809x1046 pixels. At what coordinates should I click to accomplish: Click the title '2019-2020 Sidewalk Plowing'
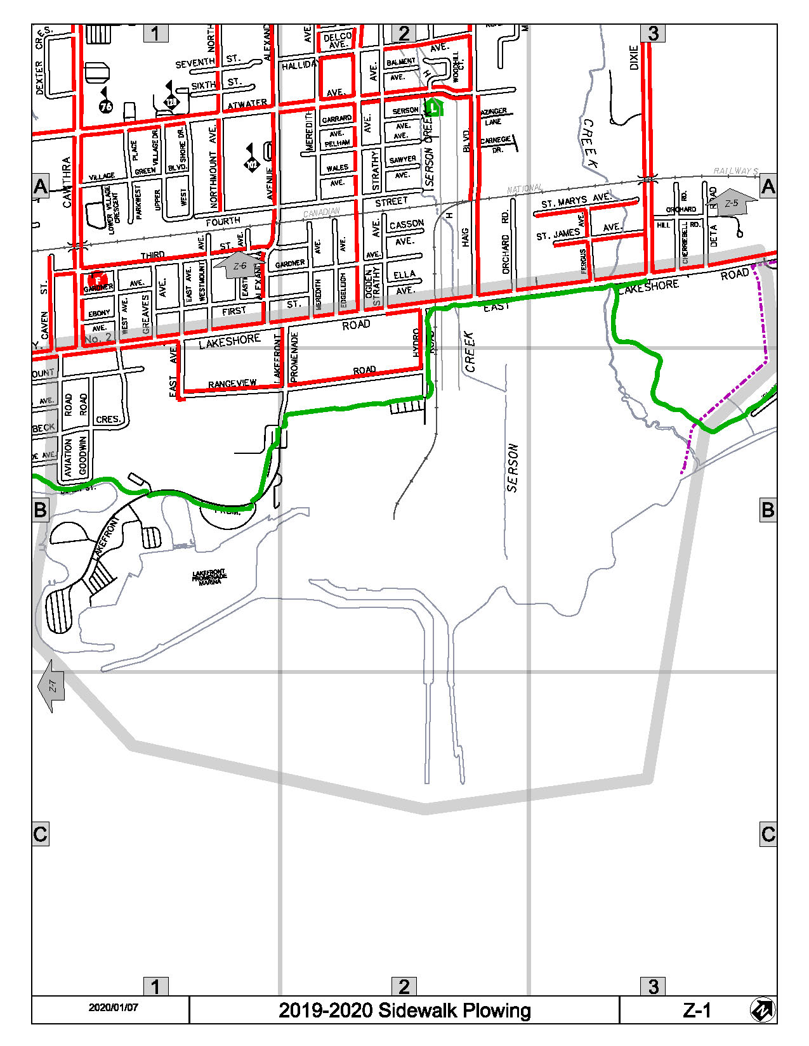coord(404,1010)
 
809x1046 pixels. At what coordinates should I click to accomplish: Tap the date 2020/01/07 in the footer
coord(113,1007)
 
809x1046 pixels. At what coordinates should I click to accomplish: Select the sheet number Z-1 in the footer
coord(697,1010)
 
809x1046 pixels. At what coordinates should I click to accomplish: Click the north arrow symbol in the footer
coord(762,1010)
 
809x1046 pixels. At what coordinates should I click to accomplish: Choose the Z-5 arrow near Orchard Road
coord(733,203)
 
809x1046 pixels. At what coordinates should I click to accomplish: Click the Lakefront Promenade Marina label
coord(209,576)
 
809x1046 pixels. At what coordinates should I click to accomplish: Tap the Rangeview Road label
coord(232,384)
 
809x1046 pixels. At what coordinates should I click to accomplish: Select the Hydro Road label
coord(416,342)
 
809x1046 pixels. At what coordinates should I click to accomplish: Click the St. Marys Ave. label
coord(575,201)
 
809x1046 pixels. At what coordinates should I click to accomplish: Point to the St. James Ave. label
coord(558,234)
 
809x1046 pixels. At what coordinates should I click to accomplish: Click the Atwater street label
coord(247,103)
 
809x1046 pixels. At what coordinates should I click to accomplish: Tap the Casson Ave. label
coord(406,225)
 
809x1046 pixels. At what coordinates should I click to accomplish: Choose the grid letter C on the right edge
coord(768,834)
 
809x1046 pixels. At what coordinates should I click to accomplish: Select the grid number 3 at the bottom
coord(654,986)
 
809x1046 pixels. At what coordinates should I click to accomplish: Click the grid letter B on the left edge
coord(40,510)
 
